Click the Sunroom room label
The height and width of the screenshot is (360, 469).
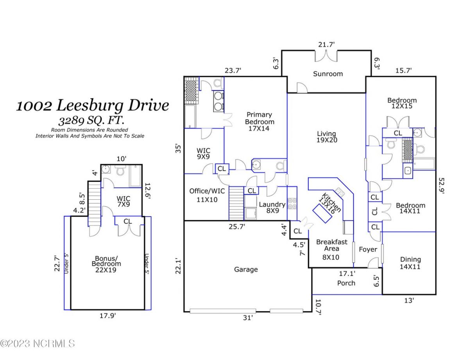(x=328, y=73)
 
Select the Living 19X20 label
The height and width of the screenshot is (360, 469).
(x=327, y=137)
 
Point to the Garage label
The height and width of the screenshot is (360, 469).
(x=246, y=269)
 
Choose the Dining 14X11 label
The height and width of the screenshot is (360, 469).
(x=410, y=263)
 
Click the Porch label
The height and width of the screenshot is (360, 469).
(x=346, y=283)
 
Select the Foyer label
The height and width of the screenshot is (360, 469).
(x=368, y=249)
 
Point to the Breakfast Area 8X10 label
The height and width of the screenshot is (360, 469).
(x=331, y=249)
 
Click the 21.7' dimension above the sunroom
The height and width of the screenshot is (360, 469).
(x=326, y=45)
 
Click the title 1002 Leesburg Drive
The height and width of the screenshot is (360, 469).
(x=92, y=106)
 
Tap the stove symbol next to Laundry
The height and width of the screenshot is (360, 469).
(x=292, y=204)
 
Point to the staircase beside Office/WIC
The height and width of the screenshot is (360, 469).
(x=236, y=203)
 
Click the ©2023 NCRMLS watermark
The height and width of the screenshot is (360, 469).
(x=38, y=344)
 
